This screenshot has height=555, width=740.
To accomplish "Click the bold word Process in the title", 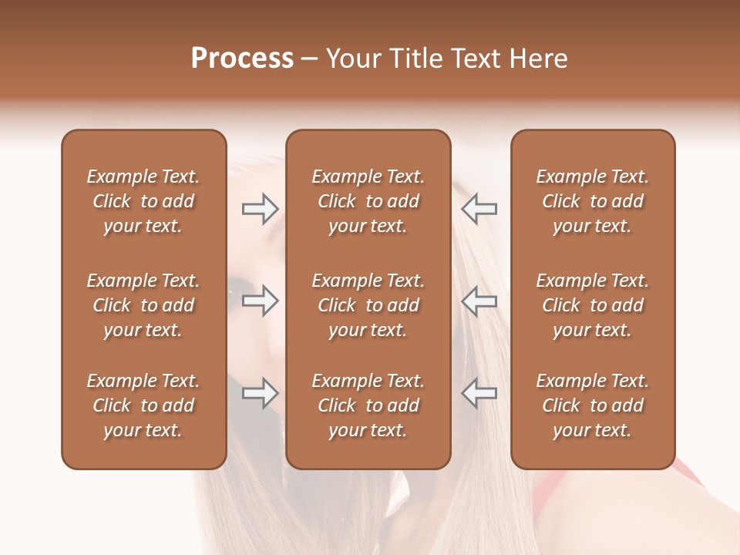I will click(242, 59).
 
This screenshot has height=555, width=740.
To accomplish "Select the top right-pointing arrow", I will click(261, 209).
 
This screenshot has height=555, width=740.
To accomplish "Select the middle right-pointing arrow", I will click(261, 301).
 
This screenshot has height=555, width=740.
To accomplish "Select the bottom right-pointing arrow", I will click(261, 393).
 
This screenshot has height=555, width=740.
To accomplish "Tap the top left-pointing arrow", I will click(479, 209).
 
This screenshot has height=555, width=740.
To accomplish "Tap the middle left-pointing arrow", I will click(479, 301).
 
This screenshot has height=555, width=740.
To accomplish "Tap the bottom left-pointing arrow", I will click(479, 393).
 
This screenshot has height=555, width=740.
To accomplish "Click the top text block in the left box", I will click(143, 201).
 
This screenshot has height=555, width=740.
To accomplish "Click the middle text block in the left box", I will click(143, 305).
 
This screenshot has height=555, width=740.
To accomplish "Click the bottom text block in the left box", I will click(143, 405).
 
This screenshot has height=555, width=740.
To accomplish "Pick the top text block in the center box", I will click(368, 201).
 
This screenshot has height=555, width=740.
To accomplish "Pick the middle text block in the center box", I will click(368, 305).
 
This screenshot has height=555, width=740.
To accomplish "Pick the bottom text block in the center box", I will click(368, 405).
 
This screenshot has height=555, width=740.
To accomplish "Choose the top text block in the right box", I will click(593, 201).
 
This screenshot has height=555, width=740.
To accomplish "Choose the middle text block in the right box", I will click(593, 305).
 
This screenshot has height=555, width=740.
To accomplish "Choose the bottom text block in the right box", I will click(593, 405).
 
